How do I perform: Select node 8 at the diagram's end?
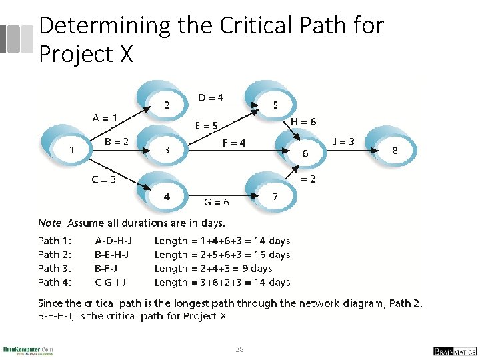395,151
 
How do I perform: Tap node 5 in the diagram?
275,105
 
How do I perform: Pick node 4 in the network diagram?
167,197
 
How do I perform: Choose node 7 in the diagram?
275,197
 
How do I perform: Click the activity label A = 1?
105,118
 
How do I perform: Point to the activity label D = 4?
211,98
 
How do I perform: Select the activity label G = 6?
217,202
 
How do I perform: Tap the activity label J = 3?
343,141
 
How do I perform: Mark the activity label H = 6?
303,122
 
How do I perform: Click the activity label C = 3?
104,179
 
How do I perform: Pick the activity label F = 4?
233,143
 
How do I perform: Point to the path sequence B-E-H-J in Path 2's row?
112,255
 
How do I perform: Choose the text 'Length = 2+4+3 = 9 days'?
213,269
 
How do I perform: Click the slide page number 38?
240,349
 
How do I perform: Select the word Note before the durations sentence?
49,223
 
